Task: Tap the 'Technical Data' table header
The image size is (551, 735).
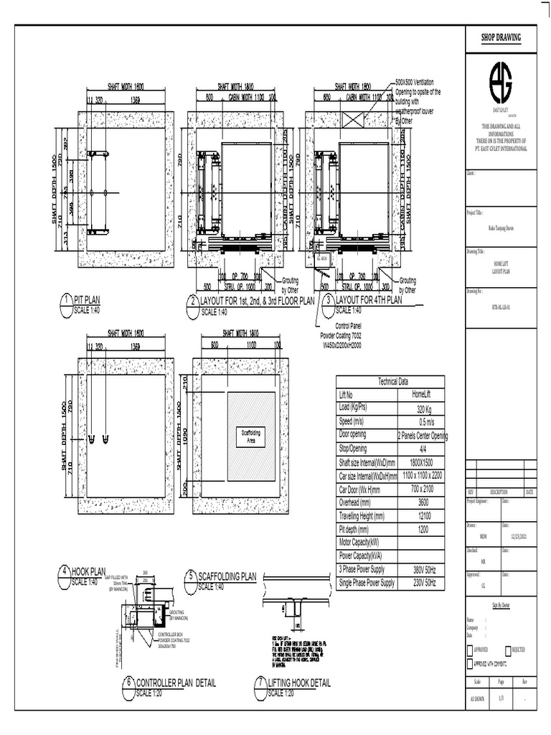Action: click(x=391, y=380)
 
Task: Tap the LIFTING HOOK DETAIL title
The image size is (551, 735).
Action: click(x=299, y=683)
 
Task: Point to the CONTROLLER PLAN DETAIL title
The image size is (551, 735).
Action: click(x=176, y=683)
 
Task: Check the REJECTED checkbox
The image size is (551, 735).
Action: click(x=509, y=650)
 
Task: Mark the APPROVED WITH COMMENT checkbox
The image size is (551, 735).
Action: click(x=470, y=664)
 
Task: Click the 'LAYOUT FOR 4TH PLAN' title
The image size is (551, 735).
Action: click(x=369, y=300)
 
